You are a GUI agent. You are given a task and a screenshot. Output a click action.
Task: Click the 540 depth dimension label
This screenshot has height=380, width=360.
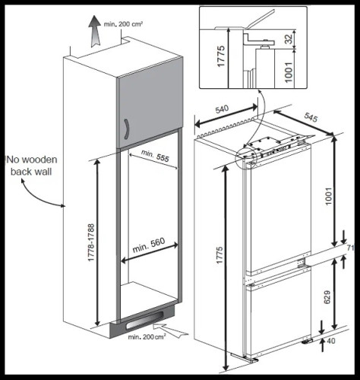222,109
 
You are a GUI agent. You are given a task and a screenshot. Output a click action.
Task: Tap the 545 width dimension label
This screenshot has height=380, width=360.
311,118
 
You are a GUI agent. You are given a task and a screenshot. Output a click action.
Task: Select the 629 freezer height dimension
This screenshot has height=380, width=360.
327,297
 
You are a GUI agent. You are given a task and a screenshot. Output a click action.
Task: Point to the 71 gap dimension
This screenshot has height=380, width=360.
350,248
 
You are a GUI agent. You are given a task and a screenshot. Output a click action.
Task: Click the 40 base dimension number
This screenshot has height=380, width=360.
331,340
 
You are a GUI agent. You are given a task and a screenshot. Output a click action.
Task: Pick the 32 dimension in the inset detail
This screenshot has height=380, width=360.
289,39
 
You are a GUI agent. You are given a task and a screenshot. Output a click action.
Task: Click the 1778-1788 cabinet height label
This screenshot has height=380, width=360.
91,242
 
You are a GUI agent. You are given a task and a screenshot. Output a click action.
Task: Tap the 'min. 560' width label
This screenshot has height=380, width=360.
149,245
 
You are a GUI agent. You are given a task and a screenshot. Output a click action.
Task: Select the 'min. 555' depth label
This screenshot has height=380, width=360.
155,156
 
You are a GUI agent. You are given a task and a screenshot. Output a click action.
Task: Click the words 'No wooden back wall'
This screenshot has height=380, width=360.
31,166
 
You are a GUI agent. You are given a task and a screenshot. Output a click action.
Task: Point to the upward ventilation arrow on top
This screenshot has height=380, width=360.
95,31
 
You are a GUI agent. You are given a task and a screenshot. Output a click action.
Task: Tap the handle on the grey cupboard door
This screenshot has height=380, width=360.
127,128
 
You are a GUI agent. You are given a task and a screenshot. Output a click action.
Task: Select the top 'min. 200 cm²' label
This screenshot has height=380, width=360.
123,24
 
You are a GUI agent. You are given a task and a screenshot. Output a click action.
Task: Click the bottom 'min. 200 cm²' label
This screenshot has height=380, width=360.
147,337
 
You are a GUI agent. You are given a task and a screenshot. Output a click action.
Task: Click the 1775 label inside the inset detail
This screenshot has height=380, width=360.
221,56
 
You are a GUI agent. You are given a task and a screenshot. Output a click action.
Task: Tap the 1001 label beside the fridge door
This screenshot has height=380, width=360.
328,196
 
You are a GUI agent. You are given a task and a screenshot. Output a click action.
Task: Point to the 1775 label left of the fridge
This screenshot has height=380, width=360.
219,255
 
